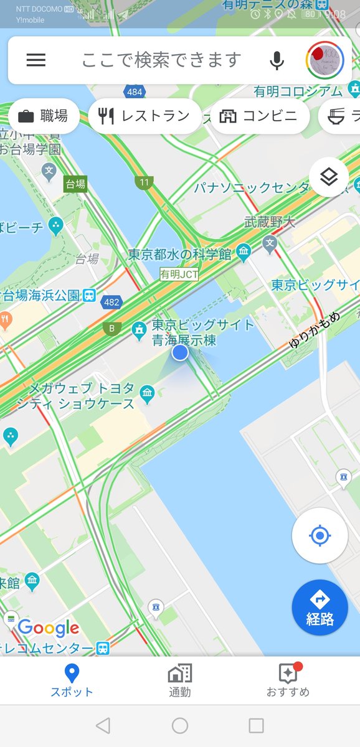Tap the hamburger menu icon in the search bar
pyautogui.click(x=36, y=60)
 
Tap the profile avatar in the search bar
pyautogui.click(x=324, y=60)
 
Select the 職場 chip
pyautogui.click(x=44, y=116)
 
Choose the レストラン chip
pyautogui.click(x=144, y=116)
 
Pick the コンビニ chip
pyautogui.click(x=260, y=116)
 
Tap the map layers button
pyautogui.click(x=328, y=177)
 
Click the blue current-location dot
pyautogui.click(x=180, y=352)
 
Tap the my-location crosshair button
pyautogui.click(x=320, y=535)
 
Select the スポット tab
pyautogui.click(x=72, y=680)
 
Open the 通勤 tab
pyautogui.click(x=180, y=680)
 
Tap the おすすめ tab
pyautogui.click(x=288, y=680)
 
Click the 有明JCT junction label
pyautogui.click(x=179, y=274)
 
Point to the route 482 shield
pyautogui.click(x=113, y=301)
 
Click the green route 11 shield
pyautogui.click(x=144, y=182)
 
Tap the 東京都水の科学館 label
pyautogui.click(x=181, y=254)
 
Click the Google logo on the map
pyautogui.click(x=48, y=628)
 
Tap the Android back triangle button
pyautogui.click(x=103, y=725)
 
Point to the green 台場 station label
pyautogui.click(x=75, y=184)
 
